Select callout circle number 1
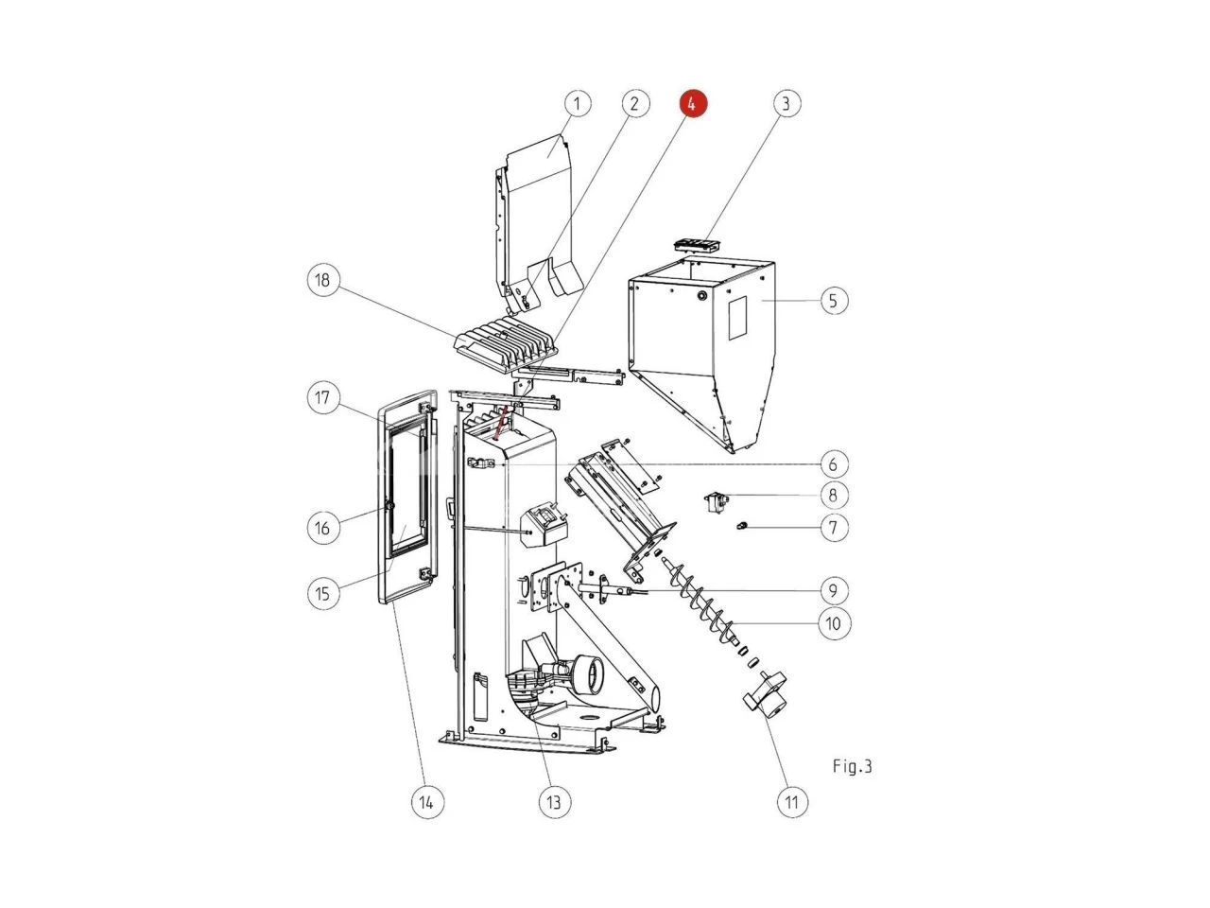pos(578,103)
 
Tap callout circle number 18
pos(323,280)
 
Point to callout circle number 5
pos(834,301)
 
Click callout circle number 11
pos(792,802)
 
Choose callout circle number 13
pos(554,802)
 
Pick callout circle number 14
pos(427,802)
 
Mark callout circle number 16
pos(323,528)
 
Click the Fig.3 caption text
pos(853,766)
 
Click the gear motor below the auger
pos(765,696)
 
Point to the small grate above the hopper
pos(697,246)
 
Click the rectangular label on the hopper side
pos(737,318)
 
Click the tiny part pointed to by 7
pos(742,525)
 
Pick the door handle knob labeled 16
pos(389,506)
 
